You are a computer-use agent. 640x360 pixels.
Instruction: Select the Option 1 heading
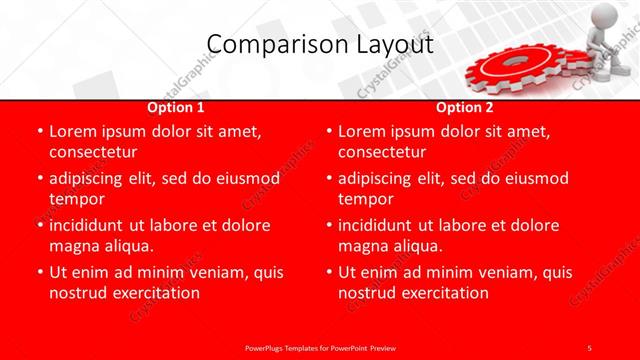click(x=176, y=107)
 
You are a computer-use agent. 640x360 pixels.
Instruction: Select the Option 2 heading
click(x=465, y=107)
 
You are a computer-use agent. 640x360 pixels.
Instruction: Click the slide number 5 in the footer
click(x=590, y=346)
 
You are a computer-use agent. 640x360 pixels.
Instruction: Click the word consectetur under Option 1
click(x=92, y=152)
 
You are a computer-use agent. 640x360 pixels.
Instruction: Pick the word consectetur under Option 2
click(x=382, y=152)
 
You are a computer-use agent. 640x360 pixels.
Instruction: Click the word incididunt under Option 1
click(x=94, y=226)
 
